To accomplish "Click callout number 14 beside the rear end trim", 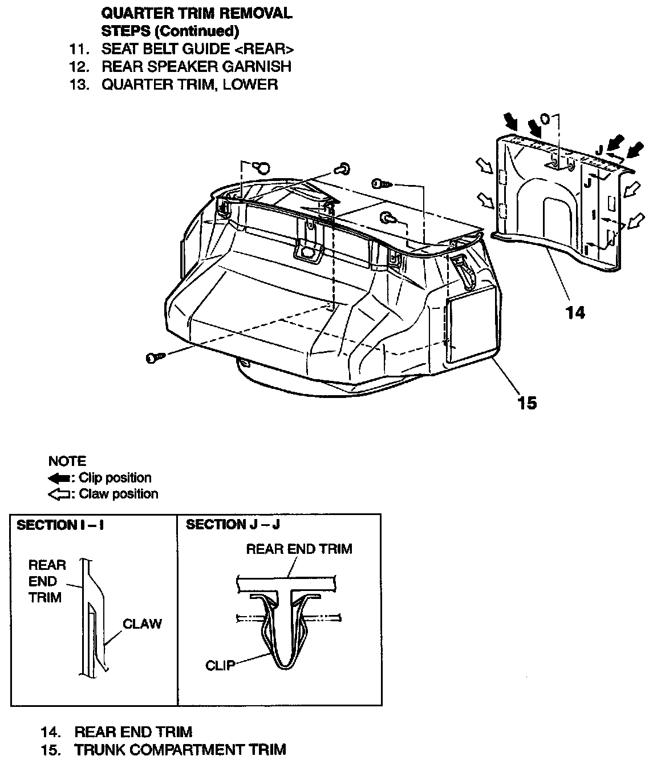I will click(x=575, y=313).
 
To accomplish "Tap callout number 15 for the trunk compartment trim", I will click(x=527, y=403).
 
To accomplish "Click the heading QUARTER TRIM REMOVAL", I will click(x=196, y=13).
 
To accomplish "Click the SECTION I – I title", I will click(x=60, y=525).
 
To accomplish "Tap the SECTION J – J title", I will click(x=233, y=525).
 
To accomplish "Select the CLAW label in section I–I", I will click(x=142, y=624).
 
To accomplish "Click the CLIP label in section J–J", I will click(x=220, y=665).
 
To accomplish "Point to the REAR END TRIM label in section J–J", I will click(x=299, y=549).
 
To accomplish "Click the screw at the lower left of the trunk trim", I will click(x=155, y=357).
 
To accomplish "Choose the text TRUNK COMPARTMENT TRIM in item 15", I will click(x=180, y=749).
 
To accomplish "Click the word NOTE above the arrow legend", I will click(x=67, y=461).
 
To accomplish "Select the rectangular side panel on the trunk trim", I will click(x=472, y=325).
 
